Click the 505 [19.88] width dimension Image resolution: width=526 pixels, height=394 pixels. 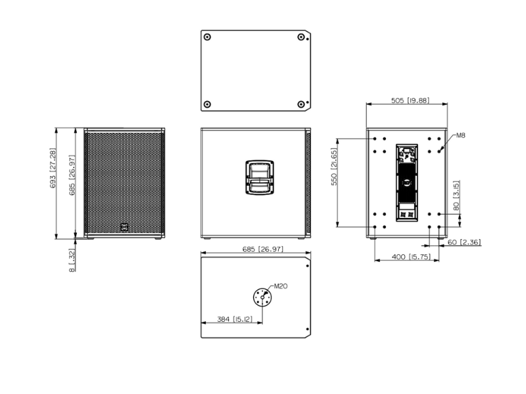tap(410, 100)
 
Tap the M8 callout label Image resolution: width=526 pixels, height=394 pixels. tap(461, 135)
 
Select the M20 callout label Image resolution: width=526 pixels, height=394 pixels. tap(281, 286)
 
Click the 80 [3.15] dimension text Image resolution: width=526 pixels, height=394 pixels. tap(456, 195)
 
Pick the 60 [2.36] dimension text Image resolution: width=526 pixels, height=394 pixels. tap(464, 242)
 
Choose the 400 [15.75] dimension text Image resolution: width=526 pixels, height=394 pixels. tap(411, 257)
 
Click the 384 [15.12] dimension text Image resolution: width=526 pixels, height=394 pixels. tap(235, 319)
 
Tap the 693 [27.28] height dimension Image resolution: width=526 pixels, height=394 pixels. tap(53, 168)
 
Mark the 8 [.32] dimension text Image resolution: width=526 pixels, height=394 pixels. tap(72, 260)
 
